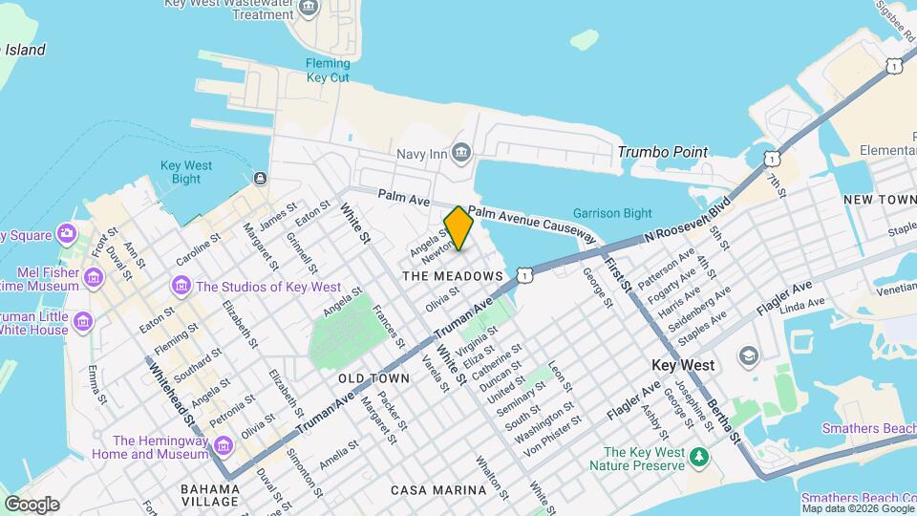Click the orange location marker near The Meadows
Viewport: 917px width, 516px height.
pyautogui.click(x=458, y=227)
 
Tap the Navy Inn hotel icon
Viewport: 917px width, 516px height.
pyautogui.click(x=462, y=153)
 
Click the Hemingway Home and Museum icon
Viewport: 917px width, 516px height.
pyautogui.click(x=223, y=446)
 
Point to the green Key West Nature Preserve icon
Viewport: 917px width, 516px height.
pyautogui.click(x=700, y=458)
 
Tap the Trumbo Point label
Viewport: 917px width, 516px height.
pyautogui.click(x=663, y=152)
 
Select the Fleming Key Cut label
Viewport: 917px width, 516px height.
pyautogui.click(x=328, y=71)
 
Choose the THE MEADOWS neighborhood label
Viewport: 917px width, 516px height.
pyautogui.click(x=452, y=276)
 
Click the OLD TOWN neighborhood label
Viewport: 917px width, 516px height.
pyautogui.click(x=373, y=378)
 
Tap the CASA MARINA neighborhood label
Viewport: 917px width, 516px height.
pyautogui.click(x=438, y=490)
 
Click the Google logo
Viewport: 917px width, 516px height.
pyautogui.click(x=32, y=505)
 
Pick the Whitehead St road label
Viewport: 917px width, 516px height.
pyautogui.click(x=171, y=394)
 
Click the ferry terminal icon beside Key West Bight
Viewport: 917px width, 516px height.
pyautogui.click(x=260, y=178)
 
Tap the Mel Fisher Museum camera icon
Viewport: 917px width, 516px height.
pyautogui.click(x=93, y=277)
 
